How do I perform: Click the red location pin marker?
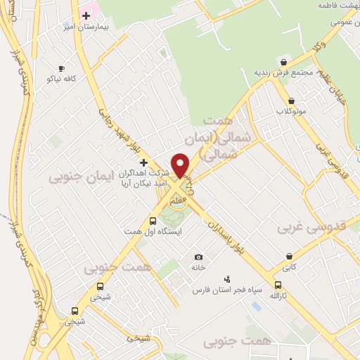pyautogui.click(x=181, y=165)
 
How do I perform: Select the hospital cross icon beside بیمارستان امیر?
pyautogui.click(x=86, y=15)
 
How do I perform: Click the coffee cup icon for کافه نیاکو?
pyautogui.click(x=60, y=68)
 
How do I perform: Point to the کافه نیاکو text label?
pyautogui.click(x=60, y=79)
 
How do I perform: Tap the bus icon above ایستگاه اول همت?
pyautogui.click(x=153, y=221)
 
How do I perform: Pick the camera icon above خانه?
pyautogui.click(x=198, y=257)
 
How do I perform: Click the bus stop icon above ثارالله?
pyautogui.click(x=278, y=285)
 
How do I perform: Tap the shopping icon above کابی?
pyautogui.click(x=289, y=257)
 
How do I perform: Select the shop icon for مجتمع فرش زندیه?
pyautogui.click(x=283, y=62)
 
